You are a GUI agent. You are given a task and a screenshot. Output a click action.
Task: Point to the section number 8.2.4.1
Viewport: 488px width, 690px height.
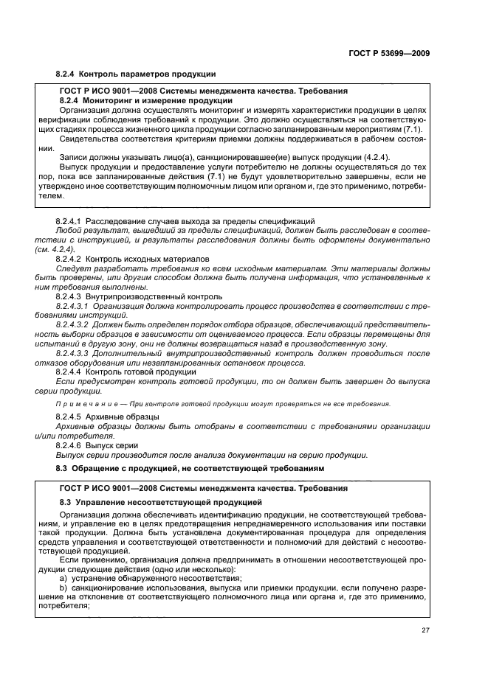pos(69,221)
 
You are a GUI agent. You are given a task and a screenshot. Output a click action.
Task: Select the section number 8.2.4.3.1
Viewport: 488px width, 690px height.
pos(74,306)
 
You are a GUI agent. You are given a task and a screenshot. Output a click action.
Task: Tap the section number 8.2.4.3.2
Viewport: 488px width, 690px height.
pos(74,324)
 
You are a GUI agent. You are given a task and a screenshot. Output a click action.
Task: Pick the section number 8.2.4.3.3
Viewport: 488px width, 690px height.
pos(74,353)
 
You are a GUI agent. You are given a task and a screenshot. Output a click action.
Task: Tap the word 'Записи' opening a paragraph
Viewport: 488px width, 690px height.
pos(75,158)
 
